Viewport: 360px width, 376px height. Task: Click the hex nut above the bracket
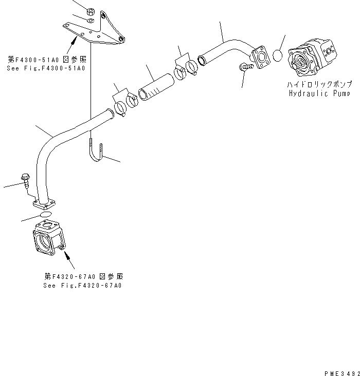91,11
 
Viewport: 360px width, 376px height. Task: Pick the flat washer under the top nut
91,21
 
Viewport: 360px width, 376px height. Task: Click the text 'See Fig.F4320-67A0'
83,286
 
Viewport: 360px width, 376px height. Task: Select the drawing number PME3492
340,371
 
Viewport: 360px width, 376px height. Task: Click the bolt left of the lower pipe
25,180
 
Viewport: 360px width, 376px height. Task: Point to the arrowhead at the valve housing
66,252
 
